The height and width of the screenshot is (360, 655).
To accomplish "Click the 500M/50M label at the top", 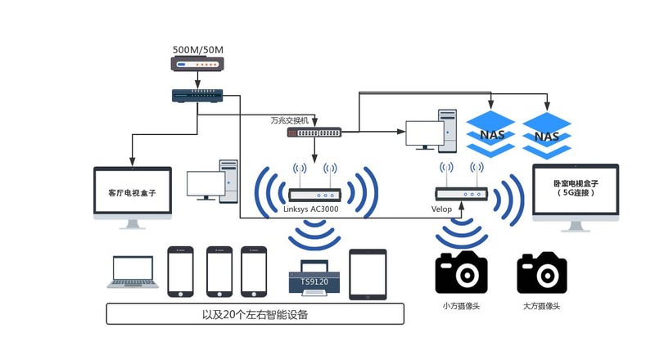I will pyautogui.click(x=197, y=49).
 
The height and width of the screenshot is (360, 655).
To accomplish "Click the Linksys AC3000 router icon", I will pyautogui.click(x=314, y=196).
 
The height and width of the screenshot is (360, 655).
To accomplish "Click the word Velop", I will pyautogui.click(x=442, y=209).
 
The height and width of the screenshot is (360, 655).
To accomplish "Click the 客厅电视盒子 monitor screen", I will pyautogui.click(x=132, y=193).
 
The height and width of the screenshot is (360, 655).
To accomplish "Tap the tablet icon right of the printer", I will pyautogui.click(x=368, y=273).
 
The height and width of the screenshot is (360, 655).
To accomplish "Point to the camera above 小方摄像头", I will pyautogui.click(x=461, y=272).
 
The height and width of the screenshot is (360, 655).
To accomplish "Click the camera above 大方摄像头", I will pyautogui.click(x=543, y=272).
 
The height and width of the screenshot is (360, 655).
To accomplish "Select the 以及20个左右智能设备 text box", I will pyautogui.click(x=255, y=314).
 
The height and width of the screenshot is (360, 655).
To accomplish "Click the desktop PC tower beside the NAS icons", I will pyautogui.click(x=448, y=130).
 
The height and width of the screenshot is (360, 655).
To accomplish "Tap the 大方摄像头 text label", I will pyautogui.click(x=542, y=306).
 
